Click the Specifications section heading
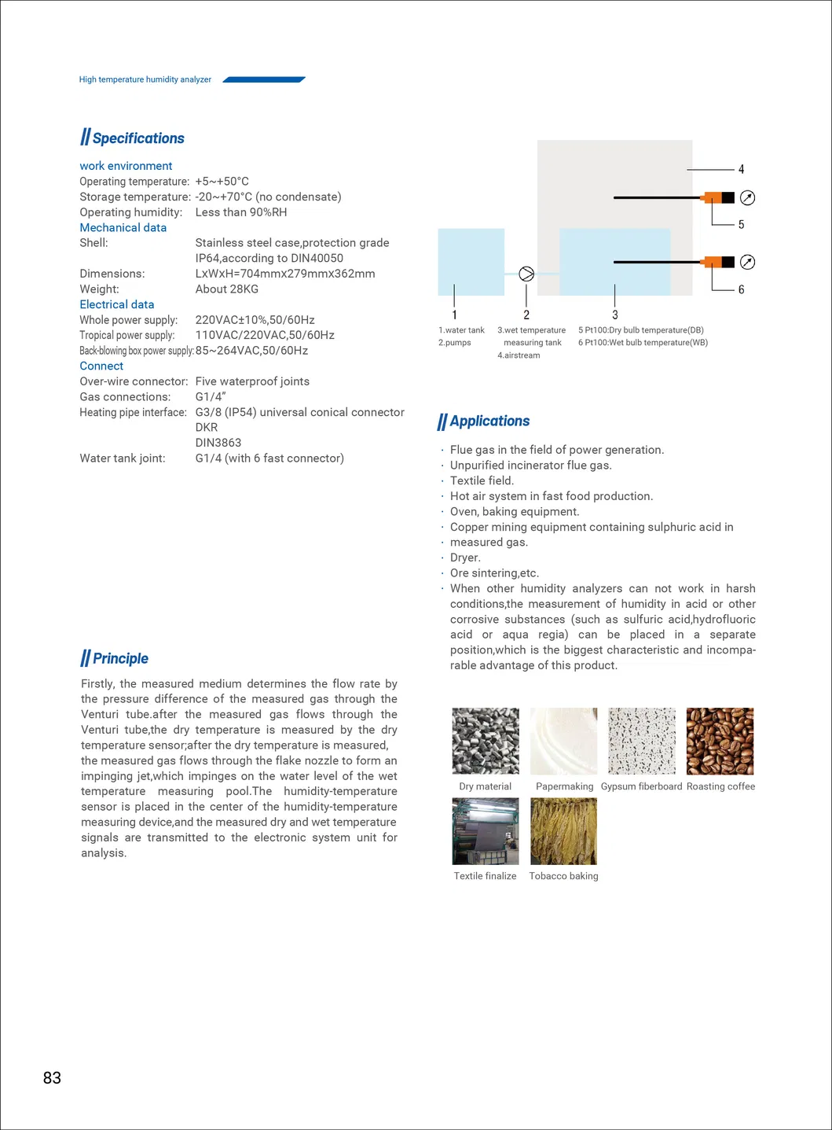point(138,138)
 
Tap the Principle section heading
point(120,659)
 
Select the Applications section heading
point(489,421)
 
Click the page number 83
point(52,1078)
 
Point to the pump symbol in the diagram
point(527,274)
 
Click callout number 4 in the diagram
point(741,169)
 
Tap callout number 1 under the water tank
point(455,315)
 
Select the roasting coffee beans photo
point(720,741)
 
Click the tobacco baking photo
point(563,831)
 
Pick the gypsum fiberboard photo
point(641,741)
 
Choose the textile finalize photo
point(486,831)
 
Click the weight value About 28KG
point(227,289)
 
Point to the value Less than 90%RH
point(241,212)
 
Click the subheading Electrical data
point(117,304)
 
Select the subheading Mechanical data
point(123,227)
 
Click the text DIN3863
point(218,443)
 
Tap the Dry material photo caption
point(485,786)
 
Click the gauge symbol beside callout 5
point(748,197)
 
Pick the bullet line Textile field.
point(482,480)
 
